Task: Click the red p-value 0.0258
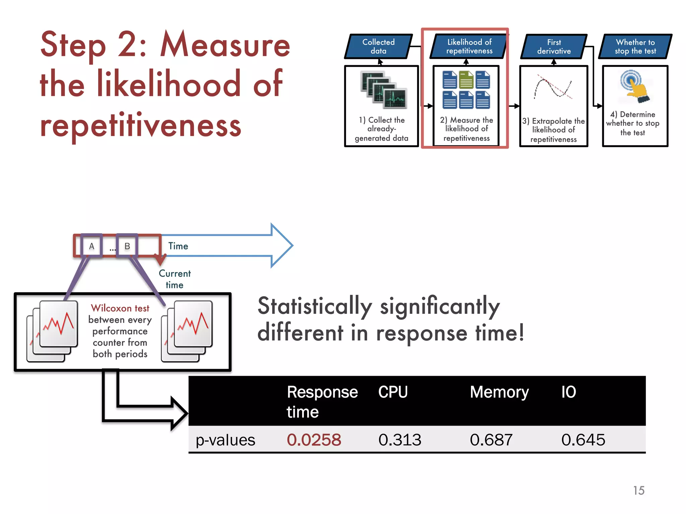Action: point(314,440)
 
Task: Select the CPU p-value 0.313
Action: point(400,440)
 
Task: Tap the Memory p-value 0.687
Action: point(491,440)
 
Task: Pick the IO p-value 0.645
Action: point(583,440)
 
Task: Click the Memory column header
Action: point(499,392)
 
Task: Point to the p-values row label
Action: point(225,440)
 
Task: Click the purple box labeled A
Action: point(91,246)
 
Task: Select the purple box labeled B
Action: point(127,246)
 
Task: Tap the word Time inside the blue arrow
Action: point(178,246)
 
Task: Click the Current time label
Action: point(175,279)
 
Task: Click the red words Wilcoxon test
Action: point(120,308)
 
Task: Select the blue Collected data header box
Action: point(379,47)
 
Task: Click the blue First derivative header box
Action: point(554,47)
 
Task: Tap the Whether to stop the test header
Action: point(635,47)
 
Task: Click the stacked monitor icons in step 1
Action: point(384,90)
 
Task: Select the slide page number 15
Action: point(638,490)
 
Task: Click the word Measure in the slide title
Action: point(225,46)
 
